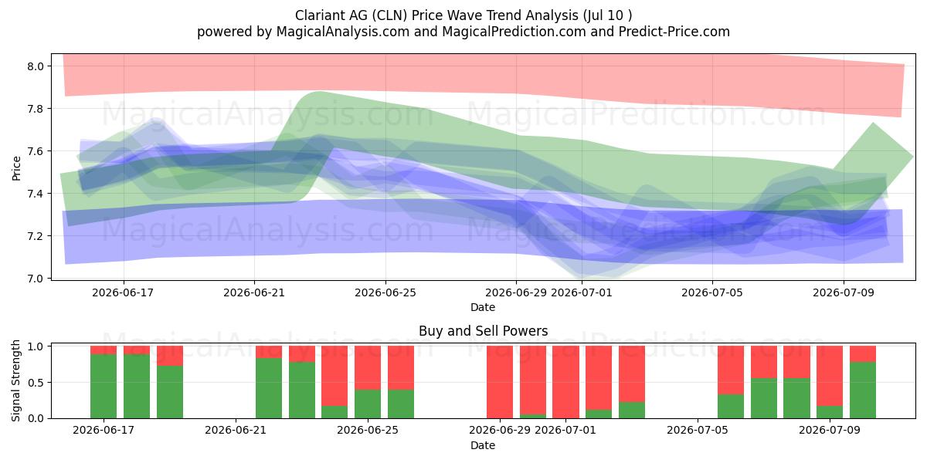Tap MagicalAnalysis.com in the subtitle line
pos(343,32)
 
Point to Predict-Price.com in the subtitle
pos(674,32)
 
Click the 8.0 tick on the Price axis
pos(36,66)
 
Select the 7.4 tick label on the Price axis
pos(36,194)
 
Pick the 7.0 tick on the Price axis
pos(36,279)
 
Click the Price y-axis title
pos(16,168)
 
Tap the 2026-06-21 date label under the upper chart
pos(254,292)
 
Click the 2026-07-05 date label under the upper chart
pos(712,292)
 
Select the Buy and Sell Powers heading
pos(484,331)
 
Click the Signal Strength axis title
pos(15,380)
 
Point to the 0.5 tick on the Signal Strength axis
pos(36,383)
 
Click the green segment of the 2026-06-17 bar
pos(104,386)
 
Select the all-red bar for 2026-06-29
pos(500,382)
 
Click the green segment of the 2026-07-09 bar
pos(830,412)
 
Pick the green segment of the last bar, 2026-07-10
pos(863,390)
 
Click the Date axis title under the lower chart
pos(483,445)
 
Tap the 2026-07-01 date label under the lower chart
pos(565,430)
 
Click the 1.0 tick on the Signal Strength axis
pos(36,346)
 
